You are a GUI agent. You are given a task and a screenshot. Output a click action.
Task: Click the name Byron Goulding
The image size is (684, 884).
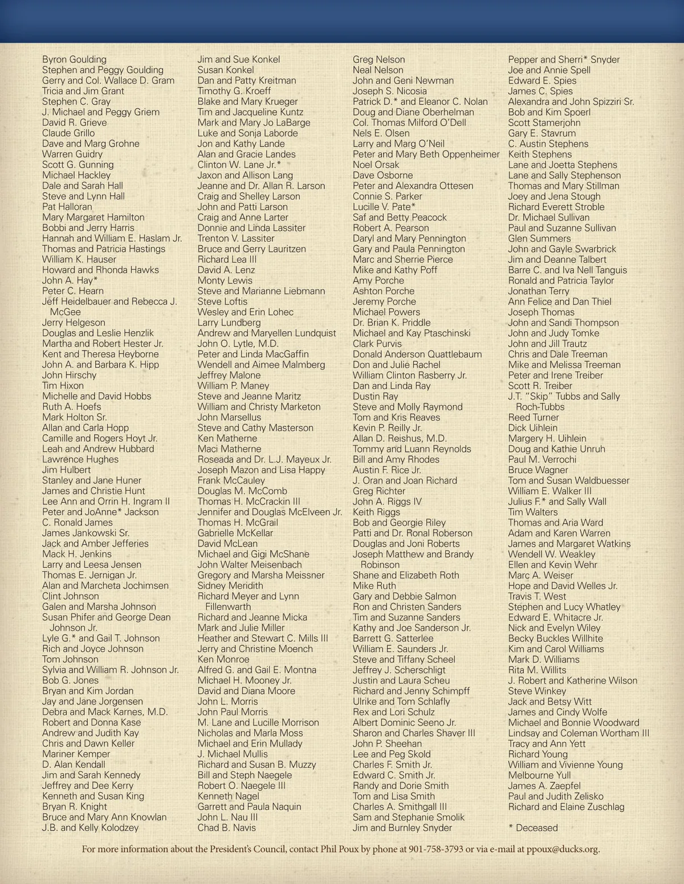[x=74, y=59]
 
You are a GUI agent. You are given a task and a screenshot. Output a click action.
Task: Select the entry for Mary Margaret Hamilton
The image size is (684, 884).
[x=93, y=217]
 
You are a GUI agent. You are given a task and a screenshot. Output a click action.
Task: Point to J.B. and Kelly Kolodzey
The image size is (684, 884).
[x=90, y=828]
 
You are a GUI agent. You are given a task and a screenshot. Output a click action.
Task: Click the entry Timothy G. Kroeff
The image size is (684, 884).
[x=234, y=91]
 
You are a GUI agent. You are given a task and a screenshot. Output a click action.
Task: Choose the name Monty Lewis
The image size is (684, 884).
[x=225, y=280]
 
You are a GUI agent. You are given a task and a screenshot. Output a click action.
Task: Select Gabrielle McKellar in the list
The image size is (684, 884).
[x=235, y=533]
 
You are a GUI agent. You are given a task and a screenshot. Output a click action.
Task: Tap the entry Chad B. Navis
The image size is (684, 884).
[x=226, y=828]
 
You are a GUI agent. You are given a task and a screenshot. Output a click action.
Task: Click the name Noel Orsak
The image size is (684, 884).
[x=376, y=165]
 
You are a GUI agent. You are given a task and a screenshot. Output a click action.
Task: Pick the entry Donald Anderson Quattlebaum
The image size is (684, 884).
[x=417, y=354]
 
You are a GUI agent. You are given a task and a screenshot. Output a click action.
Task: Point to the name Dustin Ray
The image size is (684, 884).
[x=375, y=396]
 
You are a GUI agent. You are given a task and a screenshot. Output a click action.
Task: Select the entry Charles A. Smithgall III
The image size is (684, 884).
[x=400, y=806]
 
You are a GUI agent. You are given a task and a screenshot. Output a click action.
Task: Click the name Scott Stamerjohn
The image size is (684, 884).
[x=544, y=123]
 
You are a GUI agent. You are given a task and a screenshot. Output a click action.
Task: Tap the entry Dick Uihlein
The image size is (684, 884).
[x=532, y=428]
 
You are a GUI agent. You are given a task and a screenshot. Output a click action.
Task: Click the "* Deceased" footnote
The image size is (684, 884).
[x=532, y=828]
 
